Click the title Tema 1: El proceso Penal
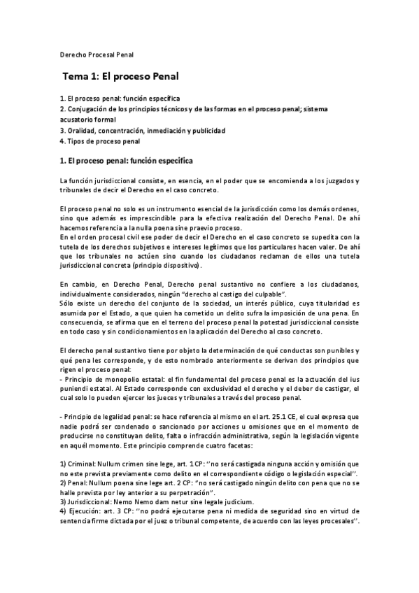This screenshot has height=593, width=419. click(125, 76)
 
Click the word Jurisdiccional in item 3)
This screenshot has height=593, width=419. click(89, 502)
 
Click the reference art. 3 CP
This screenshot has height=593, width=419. click(125, 512)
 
